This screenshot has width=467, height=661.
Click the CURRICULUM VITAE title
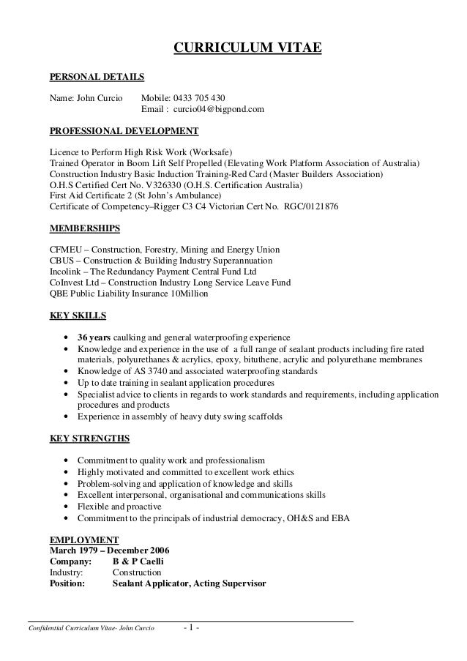pyautogui.click(x=247, y=49)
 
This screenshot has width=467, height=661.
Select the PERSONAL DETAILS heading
pyautogui.click(x=97, y=76)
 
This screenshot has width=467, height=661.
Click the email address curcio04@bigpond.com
pyautogui.click(x=219, y=110)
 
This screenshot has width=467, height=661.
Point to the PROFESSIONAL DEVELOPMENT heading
pyautogui.click(x=124, y=131)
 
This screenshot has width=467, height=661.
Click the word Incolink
pyautogui.click(x=64, y=272)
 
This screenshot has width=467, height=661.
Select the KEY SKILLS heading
pyautogui.click(x=77, y=316)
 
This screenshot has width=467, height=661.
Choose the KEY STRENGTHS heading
pyautogui.click(x=89, y=439)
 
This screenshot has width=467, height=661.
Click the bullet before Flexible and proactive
pyautogui.click(x=68, y=507)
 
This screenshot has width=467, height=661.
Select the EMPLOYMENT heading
pyautogui.click(x=78, y=539)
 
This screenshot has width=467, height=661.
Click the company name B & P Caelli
pyautogui.click(x=138, y=561)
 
